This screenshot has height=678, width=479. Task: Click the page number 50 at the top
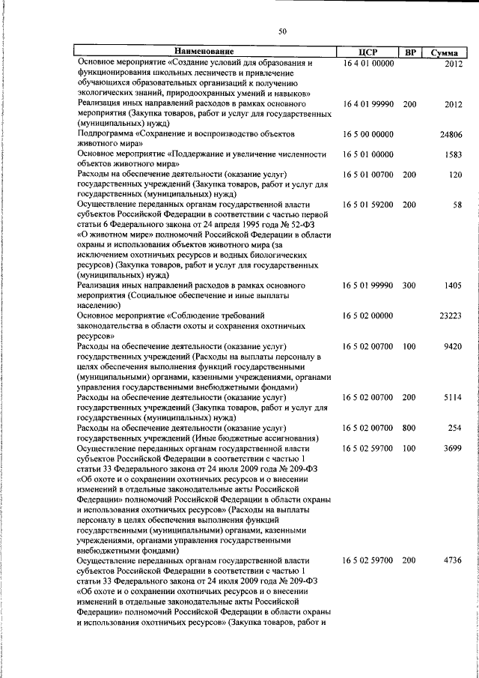282,31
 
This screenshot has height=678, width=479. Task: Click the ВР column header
410,52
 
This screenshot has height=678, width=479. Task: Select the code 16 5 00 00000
368,133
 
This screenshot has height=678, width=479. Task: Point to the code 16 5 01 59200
368,205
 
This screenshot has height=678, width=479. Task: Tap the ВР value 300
409,286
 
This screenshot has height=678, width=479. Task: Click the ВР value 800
409,428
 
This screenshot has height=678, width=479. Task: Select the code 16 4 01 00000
368,64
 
